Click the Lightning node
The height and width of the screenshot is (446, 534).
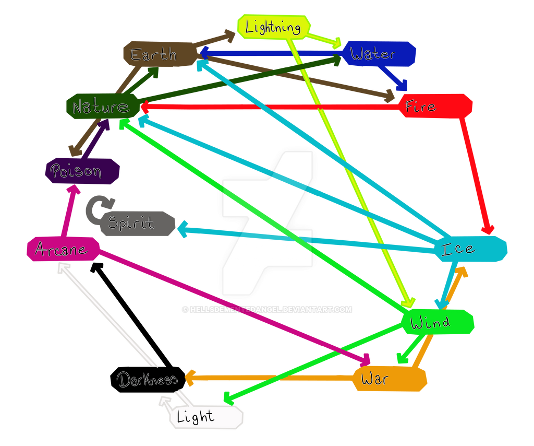[273, 27]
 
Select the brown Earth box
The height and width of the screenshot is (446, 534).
[154, 54]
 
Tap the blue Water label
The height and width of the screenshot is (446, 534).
[379, 53]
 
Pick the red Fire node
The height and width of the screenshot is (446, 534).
[435, 107]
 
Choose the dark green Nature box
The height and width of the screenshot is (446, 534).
[102, 107]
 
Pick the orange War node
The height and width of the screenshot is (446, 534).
[389, 379]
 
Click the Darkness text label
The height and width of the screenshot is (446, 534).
[148, 380]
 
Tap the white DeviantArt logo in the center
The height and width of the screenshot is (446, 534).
[268, 225]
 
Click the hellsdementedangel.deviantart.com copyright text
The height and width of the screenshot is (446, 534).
[267, 310]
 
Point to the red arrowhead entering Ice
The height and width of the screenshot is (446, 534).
[488, 230]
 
